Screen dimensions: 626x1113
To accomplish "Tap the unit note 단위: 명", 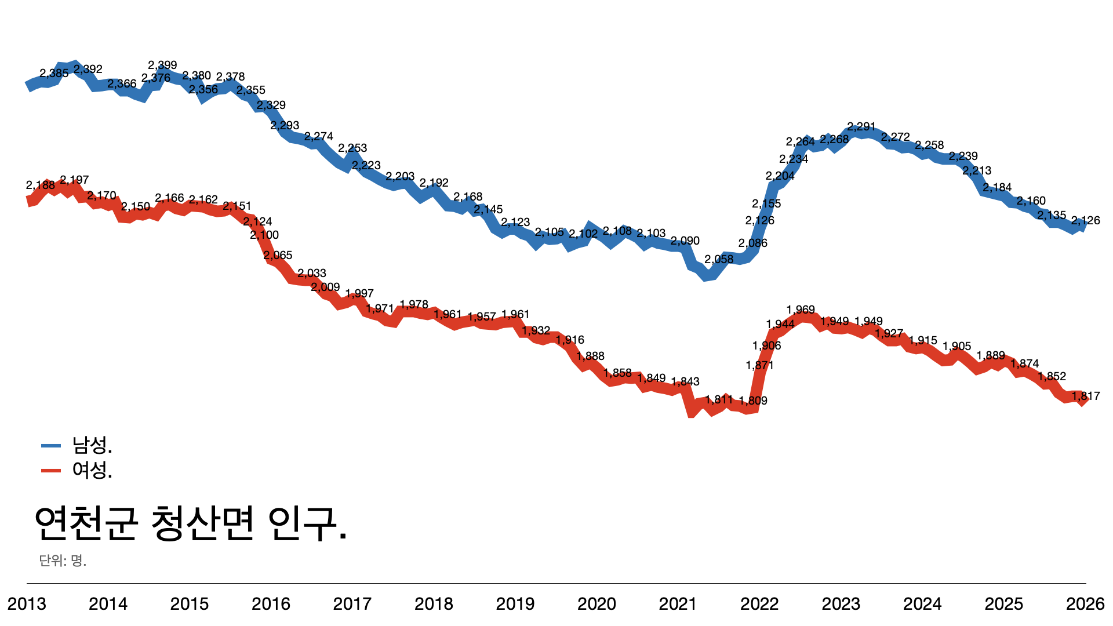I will click(x=63, y=561).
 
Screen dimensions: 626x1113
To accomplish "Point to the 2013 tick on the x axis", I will click(x=27, y=604).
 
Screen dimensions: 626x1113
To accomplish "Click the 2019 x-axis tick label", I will click(x=515, y=604).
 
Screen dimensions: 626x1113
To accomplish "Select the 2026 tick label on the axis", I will click(x=1085, y=604).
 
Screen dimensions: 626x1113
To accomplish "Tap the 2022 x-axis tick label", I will click(x=759, y=604).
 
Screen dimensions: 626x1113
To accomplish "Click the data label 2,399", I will click(x=162, y=65).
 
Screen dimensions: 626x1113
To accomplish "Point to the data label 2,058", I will click(x=719, y=259).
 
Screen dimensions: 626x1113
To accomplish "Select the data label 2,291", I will click(x=861, y=126).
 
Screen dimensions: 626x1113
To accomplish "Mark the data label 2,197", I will click(x=74, y=180).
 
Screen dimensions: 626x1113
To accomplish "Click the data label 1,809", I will click(x=753, y=401).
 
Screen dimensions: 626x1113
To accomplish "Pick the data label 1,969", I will click(x=801, y=310).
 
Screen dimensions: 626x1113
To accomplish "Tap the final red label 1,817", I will click(x=1085, y=396).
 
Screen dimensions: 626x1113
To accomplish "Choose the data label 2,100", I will click(x=264, y=235).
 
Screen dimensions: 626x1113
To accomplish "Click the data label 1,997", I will click(x=359, y=293).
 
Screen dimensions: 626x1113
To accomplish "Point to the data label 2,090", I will click(x=685, y=241).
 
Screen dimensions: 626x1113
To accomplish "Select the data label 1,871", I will click(x=759, y=365).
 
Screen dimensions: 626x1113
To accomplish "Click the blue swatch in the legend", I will click(x=51, y=446).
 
